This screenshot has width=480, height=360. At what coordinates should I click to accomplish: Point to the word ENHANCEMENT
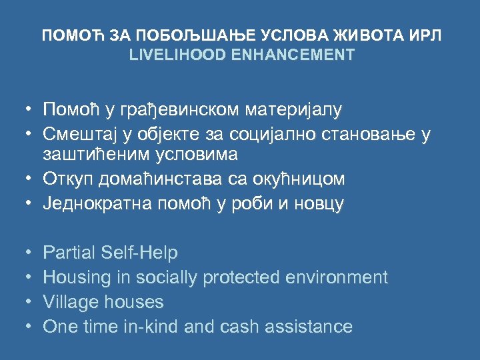coord(293,55)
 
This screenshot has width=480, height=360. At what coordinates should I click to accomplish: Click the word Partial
coord(69,253)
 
